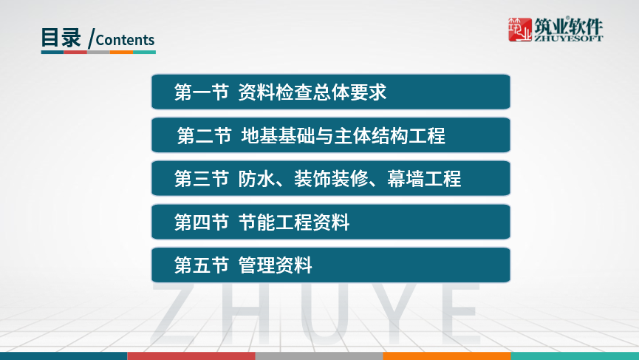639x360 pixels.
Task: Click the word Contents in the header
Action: coord(125,40)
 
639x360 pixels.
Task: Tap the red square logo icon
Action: coord(521,29)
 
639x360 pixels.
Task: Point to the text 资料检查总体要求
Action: coord(312,92)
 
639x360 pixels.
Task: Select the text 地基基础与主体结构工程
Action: coord(344,136)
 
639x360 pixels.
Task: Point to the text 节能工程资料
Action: coord(294,222)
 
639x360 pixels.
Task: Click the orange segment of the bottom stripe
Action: coord(446,356)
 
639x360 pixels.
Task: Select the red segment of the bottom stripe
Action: coord(191,356)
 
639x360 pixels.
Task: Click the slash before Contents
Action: coord(90,39)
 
